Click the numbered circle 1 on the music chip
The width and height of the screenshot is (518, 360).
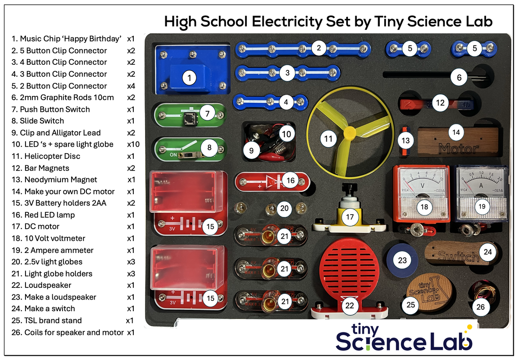[x=189, y=78]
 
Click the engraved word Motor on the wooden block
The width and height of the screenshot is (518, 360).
[x=458, y=148]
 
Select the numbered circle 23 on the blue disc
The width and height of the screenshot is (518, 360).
[x=402, y=260]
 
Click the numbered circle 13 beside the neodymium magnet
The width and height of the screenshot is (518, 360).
[x=405, y=140]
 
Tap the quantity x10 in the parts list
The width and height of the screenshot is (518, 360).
[x=133, y=144]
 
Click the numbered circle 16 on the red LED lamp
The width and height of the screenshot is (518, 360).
[x=291, y=180]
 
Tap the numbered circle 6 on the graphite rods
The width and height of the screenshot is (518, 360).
[x=459, y=78]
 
